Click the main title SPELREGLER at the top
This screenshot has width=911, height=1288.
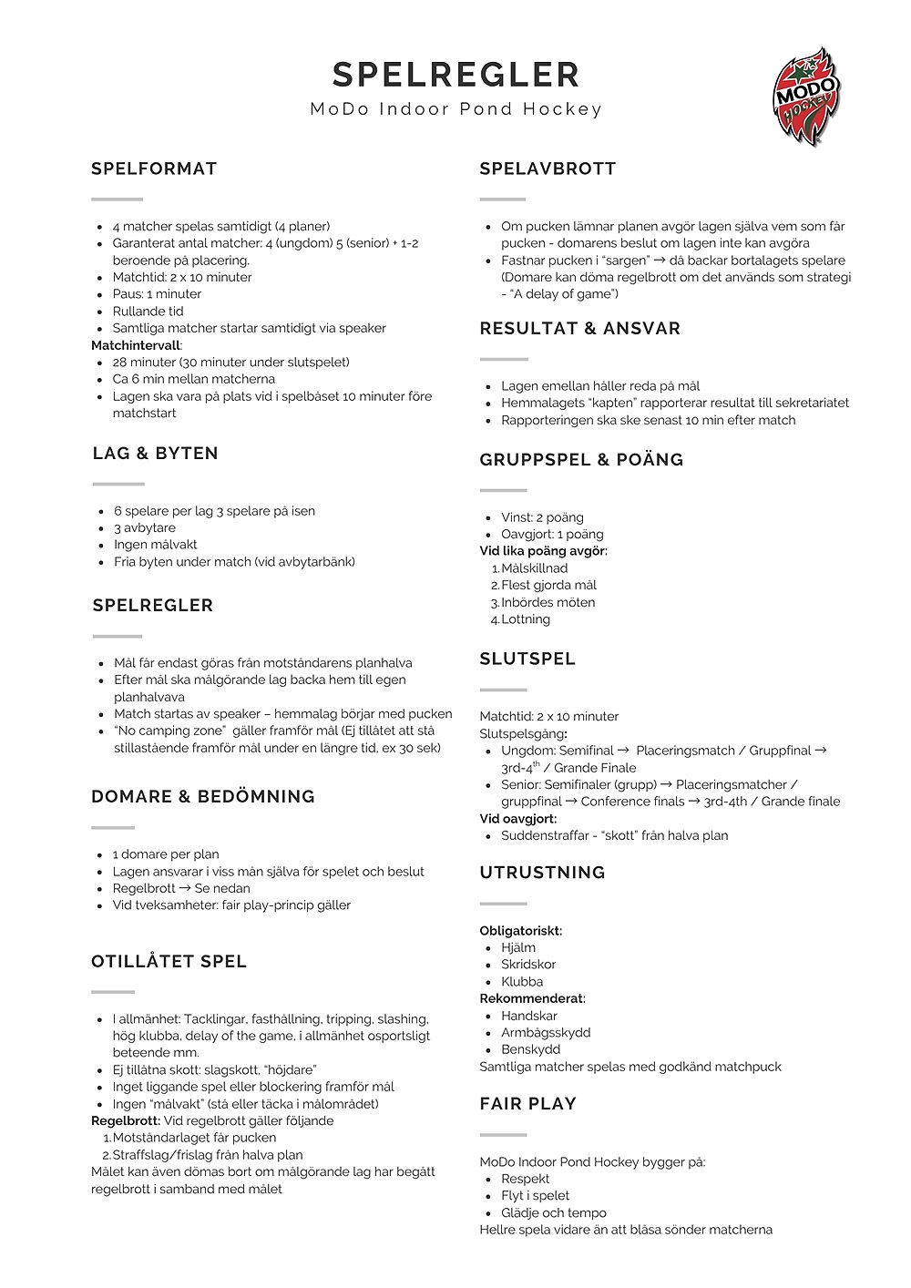click(455, 75)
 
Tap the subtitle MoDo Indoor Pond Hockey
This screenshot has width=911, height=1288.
click(455, 109)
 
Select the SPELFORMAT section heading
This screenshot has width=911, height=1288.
click(154, 169)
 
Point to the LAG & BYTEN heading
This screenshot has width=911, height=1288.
click(155, 454)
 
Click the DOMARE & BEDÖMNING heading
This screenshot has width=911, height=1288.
click(202, 797)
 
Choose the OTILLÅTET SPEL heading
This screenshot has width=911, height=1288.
click(169, 962)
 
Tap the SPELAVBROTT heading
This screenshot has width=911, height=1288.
click(548, 169)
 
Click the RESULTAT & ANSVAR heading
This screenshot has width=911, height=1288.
click(579, 329)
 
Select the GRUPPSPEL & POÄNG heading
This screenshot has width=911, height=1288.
click(581, 460)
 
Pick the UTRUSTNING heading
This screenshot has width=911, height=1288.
click(542, 873)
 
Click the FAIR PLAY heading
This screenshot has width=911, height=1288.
click(527, 1104)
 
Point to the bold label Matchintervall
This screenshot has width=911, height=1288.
click(137, 345)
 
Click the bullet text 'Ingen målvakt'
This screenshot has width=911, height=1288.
click(155, 545)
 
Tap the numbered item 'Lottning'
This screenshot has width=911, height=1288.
click(526, 619)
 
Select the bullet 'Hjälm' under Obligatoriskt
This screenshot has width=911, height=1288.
click(518, 947)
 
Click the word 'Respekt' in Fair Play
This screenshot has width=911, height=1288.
click(526, 1179)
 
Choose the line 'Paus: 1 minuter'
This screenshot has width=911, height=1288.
click(157, 294)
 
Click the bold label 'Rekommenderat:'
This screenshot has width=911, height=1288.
click(532, 998)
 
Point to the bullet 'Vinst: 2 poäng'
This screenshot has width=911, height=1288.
click(542, 517)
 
